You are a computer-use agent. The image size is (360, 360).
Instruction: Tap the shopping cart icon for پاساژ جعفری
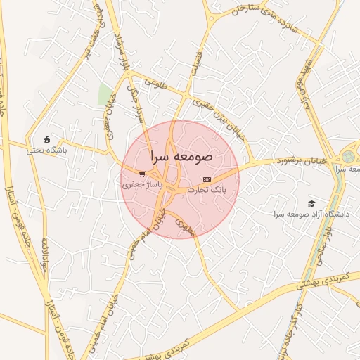[x=143, y=174]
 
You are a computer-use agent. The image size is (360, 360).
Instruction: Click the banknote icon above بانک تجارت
[x=206, y=179]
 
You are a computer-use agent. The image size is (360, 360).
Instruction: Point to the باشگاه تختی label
[x=46, y=150]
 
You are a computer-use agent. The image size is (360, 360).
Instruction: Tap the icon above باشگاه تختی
[x=47, y=139]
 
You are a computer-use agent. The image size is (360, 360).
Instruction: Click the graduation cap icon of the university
[x=311, y=203]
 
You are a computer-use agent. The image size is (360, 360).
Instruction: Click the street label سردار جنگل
[x=134, y=105]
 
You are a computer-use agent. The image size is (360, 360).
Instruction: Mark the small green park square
[x=106, y=94]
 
